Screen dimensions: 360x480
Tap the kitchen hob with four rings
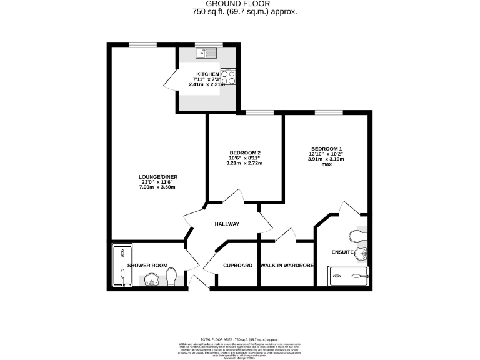[229, 76]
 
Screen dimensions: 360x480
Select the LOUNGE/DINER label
[154, 176]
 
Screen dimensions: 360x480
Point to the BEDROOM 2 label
[244, 153]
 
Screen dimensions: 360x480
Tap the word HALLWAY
[227, 224]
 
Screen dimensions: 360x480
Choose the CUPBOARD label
[237, 266]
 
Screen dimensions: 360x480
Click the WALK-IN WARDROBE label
[287, 266]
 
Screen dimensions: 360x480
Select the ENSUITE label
[342, 253]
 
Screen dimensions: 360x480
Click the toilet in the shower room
[175, 277]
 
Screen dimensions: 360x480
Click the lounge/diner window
[142, 44]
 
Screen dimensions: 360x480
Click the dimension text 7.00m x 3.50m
[154, 187]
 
